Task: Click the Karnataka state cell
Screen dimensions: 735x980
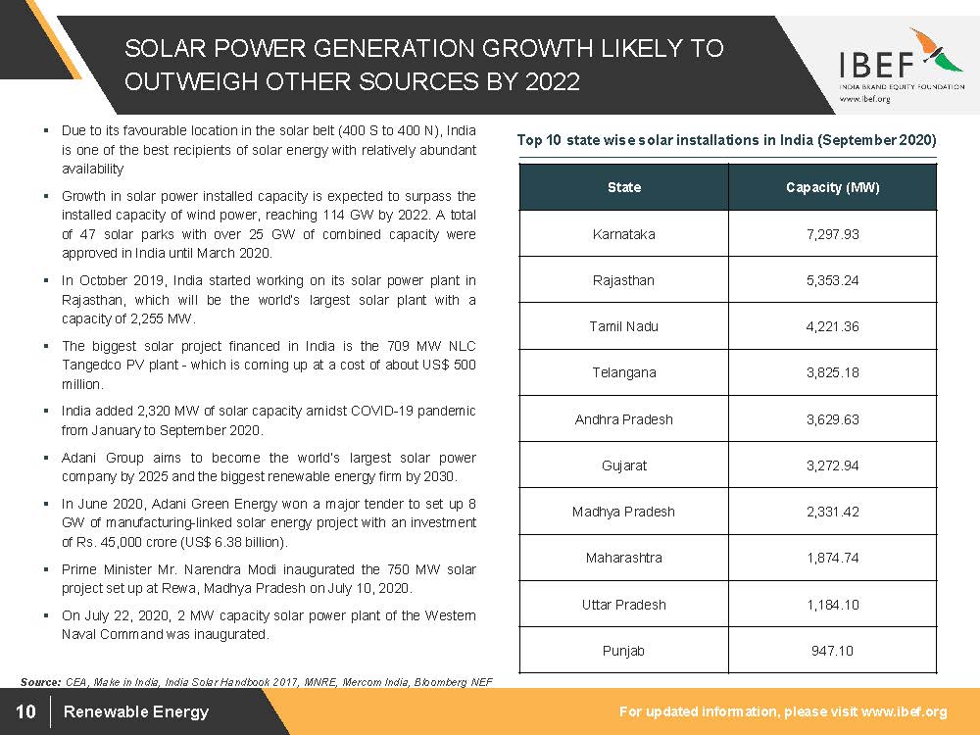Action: (623, 234)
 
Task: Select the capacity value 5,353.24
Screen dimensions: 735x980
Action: (832, 280)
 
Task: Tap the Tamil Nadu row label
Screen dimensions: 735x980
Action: (623, 326)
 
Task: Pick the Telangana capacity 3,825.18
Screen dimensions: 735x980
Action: (832, 372)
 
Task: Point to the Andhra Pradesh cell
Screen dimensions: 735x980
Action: (623, 419)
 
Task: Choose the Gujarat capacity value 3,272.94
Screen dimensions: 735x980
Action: (832, 465)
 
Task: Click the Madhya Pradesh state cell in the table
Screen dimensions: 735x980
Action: (623, 512)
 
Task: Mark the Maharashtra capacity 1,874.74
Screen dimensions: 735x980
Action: (832, 558)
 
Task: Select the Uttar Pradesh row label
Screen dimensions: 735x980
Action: (623, 605)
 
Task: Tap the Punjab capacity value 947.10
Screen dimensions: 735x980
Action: (832, 651)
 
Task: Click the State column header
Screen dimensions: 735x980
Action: (623, 187)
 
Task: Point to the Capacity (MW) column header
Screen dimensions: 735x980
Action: (832, 187)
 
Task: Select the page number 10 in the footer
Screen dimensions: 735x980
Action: (25, 711)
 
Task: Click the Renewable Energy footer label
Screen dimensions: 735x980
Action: (136, 711)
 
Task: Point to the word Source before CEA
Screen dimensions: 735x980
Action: (41, 681)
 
